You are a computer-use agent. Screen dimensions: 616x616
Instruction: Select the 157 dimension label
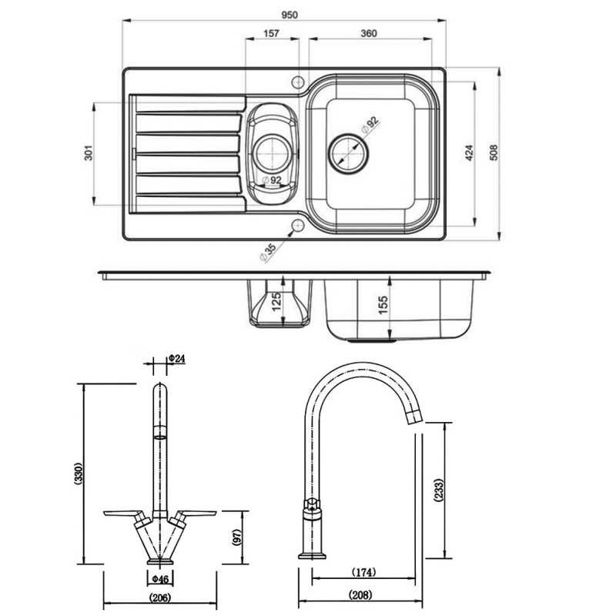pos(270,34)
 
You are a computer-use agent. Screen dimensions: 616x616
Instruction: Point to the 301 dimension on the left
pos(89,154)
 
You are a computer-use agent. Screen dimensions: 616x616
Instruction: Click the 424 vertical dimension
pos(467,153)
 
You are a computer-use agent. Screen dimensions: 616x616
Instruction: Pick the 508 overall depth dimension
pos(493,153)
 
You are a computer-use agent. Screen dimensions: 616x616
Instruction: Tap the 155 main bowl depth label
pos(383,305)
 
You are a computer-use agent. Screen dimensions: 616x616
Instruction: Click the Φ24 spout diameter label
pos(178,359)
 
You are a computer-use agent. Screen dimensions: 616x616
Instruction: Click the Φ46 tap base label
pos(159,578)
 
